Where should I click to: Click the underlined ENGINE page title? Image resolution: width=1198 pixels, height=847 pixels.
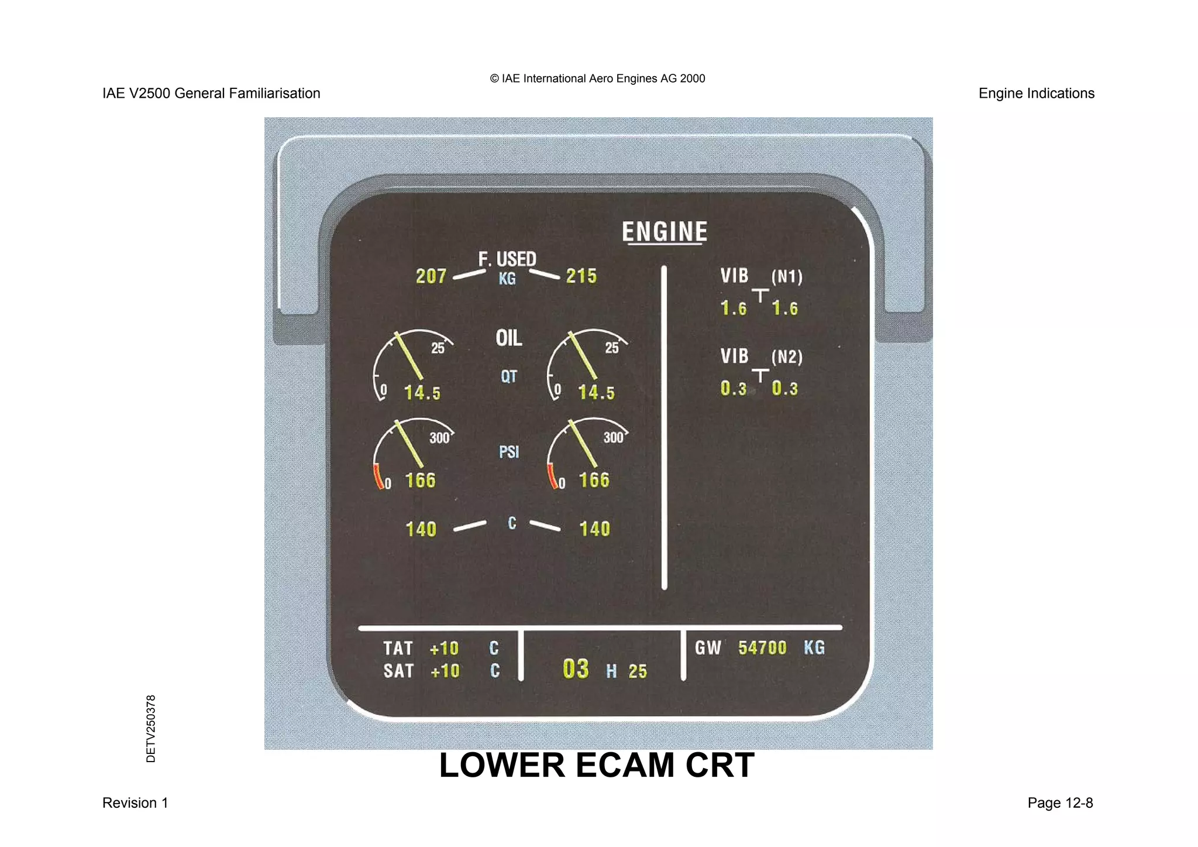(x=665, y=232)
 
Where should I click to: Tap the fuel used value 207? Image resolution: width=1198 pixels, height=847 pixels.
(x=431, y=276)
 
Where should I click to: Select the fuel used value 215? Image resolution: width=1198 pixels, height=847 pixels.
(x=581, y=276)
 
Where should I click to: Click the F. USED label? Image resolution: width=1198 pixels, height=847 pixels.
(x=507, y=259)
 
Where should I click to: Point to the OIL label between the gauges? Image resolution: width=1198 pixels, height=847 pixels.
(x=509, y=338)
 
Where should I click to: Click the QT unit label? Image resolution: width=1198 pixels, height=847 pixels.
(x=509, y=376)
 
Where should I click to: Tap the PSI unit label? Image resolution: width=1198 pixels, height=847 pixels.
(x=509, y=452)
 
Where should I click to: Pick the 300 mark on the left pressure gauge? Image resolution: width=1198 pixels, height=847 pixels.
(x=439, y=438)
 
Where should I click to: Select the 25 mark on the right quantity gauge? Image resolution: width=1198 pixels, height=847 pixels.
(x=612, y=348)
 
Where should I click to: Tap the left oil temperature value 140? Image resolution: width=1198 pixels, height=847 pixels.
(x=421, y=529)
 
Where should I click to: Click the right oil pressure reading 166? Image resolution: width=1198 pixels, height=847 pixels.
(x=594, y=481)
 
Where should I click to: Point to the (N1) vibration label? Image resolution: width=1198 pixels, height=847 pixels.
(x=787, y=276)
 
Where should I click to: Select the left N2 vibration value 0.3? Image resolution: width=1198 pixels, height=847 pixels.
(x=734, y=389)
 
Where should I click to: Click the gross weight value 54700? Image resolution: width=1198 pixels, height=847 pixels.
(x=762, y=648)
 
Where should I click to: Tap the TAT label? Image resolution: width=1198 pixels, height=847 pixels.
(x=398, y=649)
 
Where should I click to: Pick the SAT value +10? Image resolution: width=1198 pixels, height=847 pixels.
(x=445, y=671)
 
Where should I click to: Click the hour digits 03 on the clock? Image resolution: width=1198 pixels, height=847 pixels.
(x=576, y=669)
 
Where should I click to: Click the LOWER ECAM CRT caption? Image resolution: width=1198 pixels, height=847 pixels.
(x=597, y=765)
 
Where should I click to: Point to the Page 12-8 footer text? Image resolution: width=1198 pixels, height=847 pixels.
(x=1060, y=803)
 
